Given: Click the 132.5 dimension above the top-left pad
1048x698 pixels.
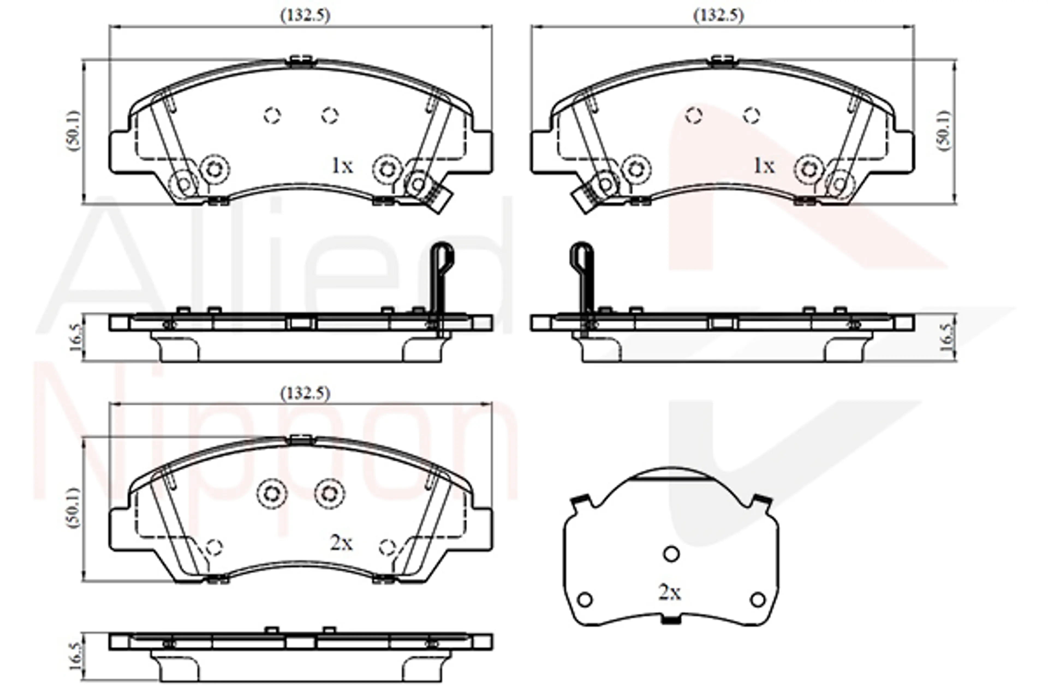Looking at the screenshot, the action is tap(305, 16).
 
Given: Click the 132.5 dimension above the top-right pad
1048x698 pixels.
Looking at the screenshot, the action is tap(719, 16).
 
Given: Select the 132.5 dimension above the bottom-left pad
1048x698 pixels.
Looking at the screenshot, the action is tap(305, 393).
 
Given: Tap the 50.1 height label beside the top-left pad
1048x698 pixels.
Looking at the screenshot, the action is tap(74, 131).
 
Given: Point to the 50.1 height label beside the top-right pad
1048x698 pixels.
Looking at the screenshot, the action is tap(944, 131).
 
